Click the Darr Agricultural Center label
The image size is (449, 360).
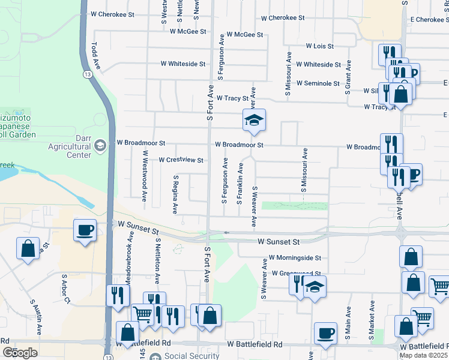[71, 149]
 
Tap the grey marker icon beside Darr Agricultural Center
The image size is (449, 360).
[100, 145]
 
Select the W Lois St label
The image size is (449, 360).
[319, 46]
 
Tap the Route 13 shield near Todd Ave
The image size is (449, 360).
[88, 74]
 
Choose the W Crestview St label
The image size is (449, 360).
[181, 160]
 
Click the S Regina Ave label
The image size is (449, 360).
[175, 194]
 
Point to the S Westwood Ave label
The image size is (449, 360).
[144, 175]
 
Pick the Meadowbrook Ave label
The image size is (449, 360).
[128, 258]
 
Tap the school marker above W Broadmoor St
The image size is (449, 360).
[254, 120]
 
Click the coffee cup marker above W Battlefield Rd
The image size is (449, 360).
[325, 334]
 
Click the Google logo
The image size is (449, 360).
[20, 353]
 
